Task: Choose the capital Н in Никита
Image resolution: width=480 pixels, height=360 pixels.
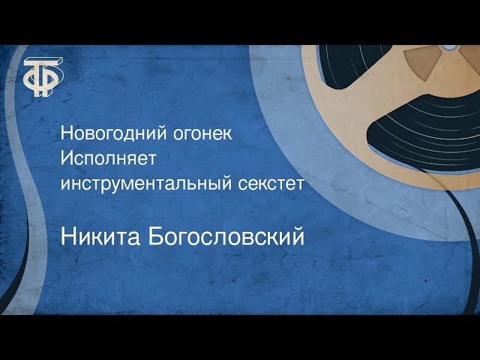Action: [67, 238]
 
